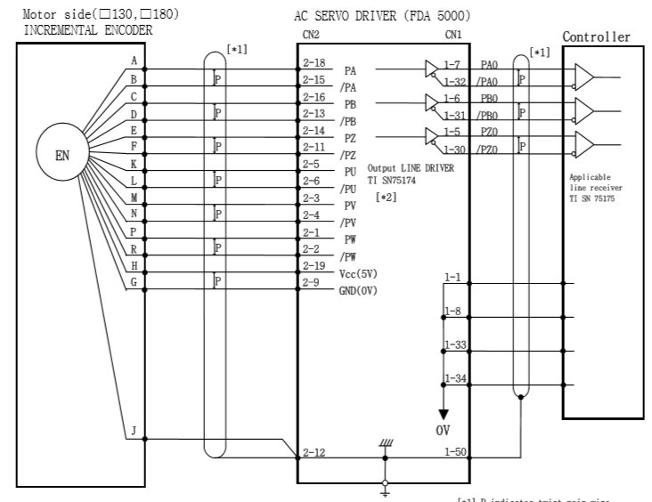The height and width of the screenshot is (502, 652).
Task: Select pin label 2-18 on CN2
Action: coord(313,64)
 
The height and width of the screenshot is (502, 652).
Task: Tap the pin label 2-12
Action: coord(313,453)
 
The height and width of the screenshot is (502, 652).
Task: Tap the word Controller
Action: coord(597,37)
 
